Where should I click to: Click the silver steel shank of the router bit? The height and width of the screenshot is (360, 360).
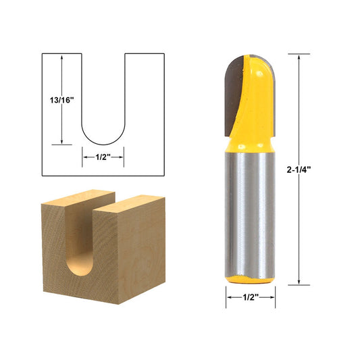point(250,209)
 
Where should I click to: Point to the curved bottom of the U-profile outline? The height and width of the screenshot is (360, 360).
point(103,143)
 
